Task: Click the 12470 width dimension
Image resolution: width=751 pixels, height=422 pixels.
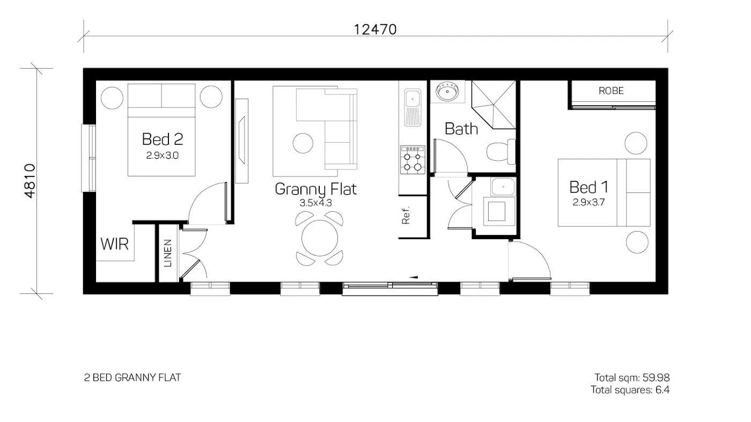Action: pos(375,29)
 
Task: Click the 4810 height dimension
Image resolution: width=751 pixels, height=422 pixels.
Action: pos(30,181)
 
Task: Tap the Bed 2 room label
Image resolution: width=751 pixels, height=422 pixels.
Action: pos(162,139)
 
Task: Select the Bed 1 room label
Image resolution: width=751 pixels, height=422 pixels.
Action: pos(588,187)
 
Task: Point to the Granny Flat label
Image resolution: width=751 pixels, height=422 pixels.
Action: pos(315,189)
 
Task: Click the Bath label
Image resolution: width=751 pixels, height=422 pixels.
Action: pos(461,129)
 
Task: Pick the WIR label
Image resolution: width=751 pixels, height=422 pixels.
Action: pos(114,245)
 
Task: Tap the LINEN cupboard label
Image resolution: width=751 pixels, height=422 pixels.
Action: pos(168,253)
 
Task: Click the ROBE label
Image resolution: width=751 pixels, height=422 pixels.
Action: pos(611,91)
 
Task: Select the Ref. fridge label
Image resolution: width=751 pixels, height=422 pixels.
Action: pos(406,215)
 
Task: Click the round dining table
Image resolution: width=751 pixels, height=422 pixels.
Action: pos(320,238)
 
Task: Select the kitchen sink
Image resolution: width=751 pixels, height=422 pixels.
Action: pos(413,100)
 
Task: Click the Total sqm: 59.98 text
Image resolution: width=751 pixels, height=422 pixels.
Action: pos(632,378)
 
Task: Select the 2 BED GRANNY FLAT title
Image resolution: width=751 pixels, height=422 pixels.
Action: pos(132,378)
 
